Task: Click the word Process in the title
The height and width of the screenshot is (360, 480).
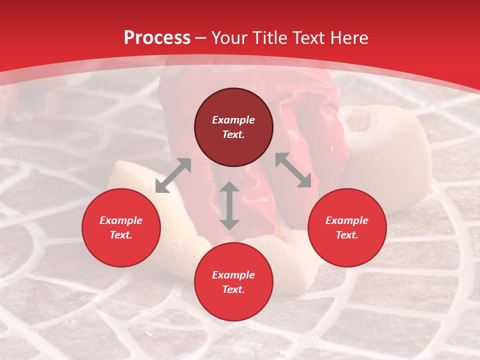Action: [157, 38]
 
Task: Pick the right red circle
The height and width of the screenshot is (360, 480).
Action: [347, 247]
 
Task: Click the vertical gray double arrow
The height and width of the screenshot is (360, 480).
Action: [229, 205]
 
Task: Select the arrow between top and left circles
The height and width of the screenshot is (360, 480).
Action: [173, 175]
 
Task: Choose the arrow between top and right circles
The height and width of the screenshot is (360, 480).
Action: [293, 170]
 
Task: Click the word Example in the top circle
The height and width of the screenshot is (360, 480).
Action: [233, 120]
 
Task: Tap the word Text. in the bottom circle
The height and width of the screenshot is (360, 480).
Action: [233, 289]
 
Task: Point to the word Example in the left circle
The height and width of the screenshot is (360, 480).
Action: [121, 220]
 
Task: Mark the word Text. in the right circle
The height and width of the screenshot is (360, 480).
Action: [347, 235]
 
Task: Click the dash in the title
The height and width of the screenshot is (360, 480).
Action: [200, 38]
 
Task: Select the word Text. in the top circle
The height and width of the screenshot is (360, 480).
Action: [233, 134]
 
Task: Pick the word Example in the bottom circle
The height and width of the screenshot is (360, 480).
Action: [233, 275]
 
